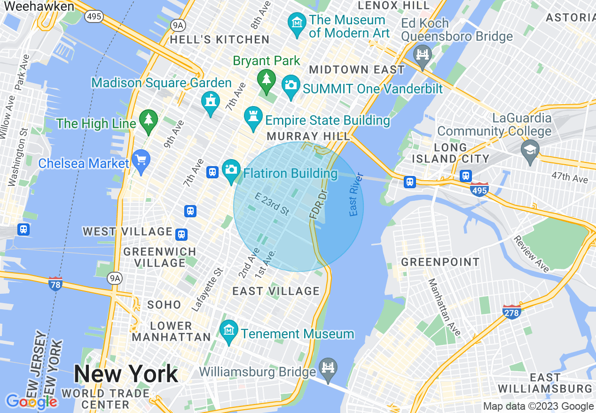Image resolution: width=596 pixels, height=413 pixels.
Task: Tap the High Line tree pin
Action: [149, 121]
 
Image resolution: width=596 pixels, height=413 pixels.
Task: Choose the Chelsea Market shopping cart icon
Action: [141, 161]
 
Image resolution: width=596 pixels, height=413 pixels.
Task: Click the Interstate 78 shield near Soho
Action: [55, 283]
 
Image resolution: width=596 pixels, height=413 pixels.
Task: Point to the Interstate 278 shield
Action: [512, 311]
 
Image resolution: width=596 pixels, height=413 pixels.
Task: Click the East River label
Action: [356, 195]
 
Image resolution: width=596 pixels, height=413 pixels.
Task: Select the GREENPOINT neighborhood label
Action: [440, 262]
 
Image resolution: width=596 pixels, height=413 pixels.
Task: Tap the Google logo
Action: [31, 402]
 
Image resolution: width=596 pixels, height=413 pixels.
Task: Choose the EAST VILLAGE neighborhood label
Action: [276, 291]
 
